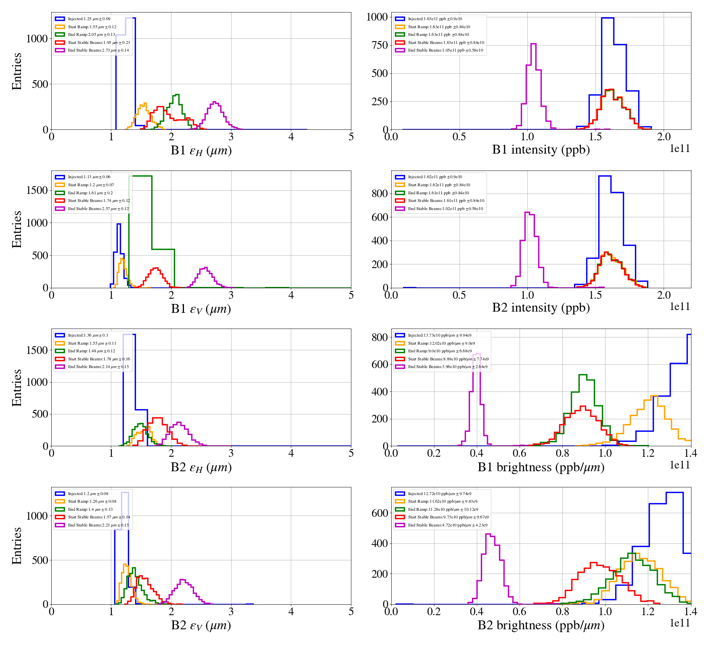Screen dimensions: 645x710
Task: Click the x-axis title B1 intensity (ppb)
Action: pyautogui.click(x=541, y=150)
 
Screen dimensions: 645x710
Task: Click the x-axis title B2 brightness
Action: pyautogui.click(x=541, y=625)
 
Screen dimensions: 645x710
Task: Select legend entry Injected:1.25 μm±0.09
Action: pyautogui.click(x=89, y=19)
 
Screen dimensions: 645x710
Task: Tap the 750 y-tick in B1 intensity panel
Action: pyautogui.click(x=379, y=45)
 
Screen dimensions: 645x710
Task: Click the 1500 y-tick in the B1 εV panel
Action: pyautogui.click(x=37, y=190)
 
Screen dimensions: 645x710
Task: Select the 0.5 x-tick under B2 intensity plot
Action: pyautogui.click(x=459, y=295)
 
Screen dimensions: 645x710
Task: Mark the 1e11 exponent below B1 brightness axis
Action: pyautogui.click(x=680, y=465)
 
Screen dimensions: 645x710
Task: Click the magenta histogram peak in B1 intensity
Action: pyautogui.click(x=533, y=44)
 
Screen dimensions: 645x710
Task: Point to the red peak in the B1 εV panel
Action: pyautogui.click(x=155, y=268)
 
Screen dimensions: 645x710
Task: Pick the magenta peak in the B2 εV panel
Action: pyautogui.click(x=182, y=580)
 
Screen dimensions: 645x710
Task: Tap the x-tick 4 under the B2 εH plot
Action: pyautogui.click(x=291, y=453)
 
